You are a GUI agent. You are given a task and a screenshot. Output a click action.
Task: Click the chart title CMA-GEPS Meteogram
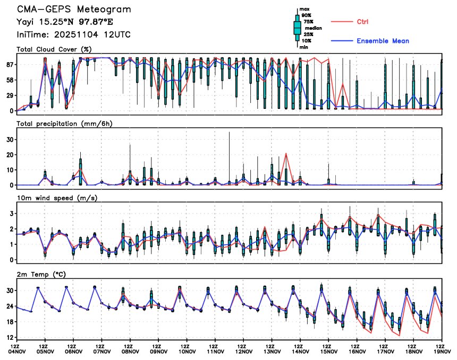coord(73,10)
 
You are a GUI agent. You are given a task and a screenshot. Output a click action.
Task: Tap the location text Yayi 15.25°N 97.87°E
coord(65,22)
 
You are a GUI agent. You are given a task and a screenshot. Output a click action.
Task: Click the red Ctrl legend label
coord(362,21)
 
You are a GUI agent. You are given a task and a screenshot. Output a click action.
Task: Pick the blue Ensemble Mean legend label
coord(383,41)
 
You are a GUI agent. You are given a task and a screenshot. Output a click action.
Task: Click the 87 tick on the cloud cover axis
coord(9,64)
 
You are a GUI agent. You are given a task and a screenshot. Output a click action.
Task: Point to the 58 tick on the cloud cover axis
coord(9,80)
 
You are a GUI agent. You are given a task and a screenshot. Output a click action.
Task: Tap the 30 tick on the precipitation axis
coord(9,139)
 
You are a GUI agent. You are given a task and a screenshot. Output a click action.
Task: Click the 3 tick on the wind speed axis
coord(11,213)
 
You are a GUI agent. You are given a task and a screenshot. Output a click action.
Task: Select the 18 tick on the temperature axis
coord(9,322)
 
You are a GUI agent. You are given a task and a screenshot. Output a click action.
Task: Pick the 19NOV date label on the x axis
coord(442,350)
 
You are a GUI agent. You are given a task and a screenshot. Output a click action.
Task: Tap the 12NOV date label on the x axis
coord(243,350)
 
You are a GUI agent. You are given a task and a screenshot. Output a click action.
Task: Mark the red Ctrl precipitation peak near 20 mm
coord(286,153)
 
